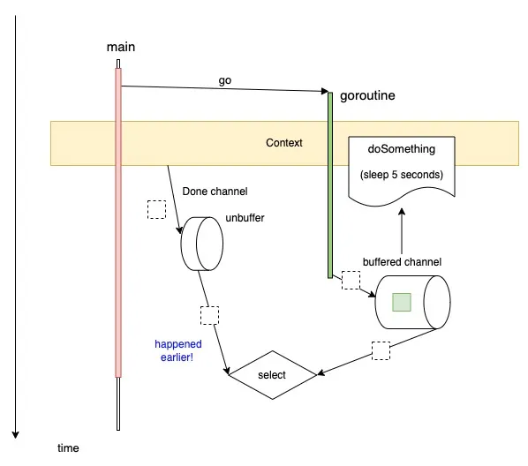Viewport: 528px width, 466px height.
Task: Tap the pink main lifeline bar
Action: click(x=117, y=221)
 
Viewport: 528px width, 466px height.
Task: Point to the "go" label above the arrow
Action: click(x=225, y=80)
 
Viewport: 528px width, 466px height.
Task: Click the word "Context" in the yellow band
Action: click(x=283, y=143)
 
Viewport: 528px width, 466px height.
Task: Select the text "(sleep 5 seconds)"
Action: click(x=401, y=174)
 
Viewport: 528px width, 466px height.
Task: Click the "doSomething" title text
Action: click(x=401, y=149)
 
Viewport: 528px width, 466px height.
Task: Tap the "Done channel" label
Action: click(x=215, y=191)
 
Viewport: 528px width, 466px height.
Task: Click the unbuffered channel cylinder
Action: click(x=202, y=244)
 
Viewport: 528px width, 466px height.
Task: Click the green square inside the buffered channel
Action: click(x=402, y=302)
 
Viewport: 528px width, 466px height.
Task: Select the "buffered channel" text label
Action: click(x=402, y=262)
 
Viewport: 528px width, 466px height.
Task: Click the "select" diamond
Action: click(x=272, y=375)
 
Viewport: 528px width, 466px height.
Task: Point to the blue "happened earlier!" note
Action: click(x=178, y=350)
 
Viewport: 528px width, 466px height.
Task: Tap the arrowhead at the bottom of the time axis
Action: click(x=15, y=434)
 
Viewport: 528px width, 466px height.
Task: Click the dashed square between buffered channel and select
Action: click(x=381, y=349)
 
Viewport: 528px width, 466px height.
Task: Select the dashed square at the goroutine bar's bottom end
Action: click(x=351, y=280)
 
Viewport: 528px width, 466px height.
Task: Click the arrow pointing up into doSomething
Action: click(x=402, y=229)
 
